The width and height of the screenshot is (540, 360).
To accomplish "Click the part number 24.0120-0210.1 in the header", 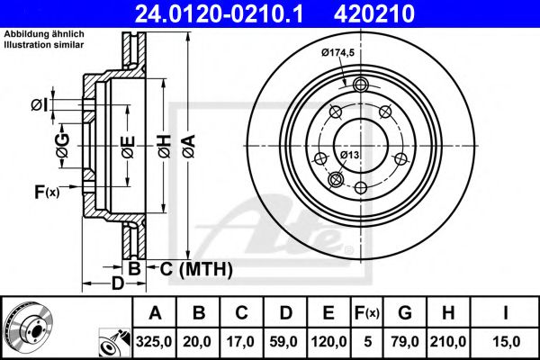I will tap(228, 13).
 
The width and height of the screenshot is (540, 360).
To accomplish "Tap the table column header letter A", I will tap(156, 313).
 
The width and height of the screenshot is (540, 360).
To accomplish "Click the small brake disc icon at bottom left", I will tap(26, 326).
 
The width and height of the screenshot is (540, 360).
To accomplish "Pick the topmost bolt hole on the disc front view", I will tap(361, 85).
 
